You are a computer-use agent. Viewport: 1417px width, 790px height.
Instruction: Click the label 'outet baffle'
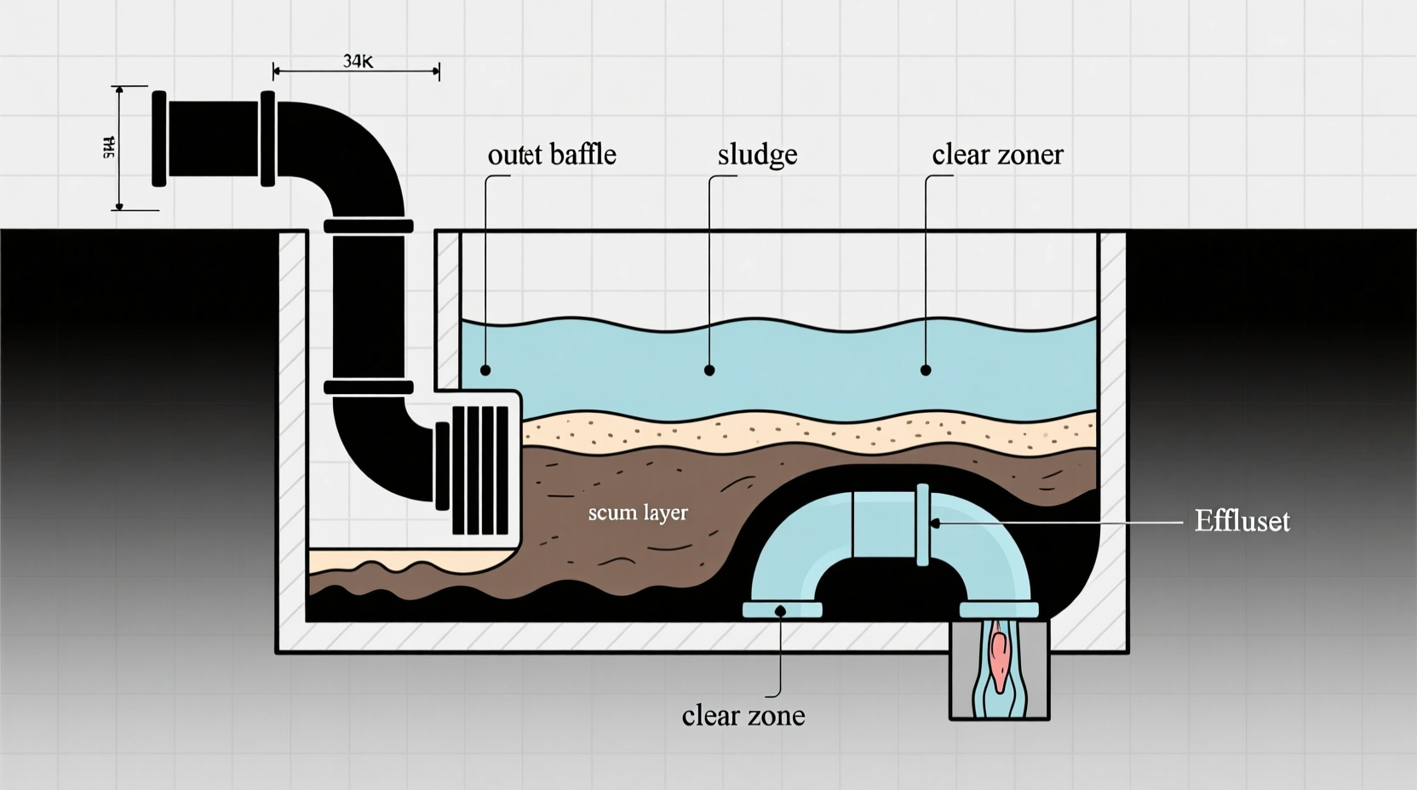coord(552,155)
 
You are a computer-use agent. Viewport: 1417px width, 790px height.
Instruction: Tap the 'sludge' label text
coord(757,155)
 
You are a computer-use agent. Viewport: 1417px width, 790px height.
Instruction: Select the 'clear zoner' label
coord(997,155)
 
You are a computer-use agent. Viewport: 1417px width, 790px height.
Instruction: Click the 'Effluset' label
coord(1242,521)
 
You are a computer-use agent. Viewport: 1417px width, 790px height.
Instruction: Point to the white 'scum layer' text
coord(638,512)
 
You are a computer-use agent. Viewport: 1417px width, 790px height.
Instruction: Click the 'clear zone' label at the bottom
coord(743,715)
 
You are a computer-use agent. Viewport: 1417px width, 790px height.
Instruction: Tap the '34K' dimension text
coord(359,61)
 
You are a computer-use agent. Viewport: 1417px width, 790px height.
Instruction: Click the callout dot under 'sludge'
coord(709,370)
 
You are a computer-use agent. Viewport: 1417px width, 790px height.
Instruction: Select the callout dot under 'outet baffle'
coord(485,370)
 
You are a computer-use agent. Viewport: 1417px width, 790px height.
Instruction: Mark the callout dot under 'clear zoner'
coord(926,370)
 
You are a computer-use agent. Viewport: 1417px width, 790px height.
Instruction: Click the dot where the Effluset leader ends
coord(935,523)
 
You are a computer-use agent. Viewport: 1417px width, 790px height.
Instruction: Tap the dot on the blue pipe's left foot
coord(781,610)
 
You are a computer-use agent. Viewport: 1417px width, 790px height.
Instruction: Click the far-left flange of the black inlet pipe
coord(159,138)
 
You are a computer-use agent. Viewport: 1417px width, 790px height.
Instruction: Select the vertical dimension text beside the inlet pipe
coord(109,148)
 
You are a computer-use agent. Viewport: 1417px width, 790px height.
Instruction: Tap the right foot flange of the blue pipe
coord(999,610)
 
